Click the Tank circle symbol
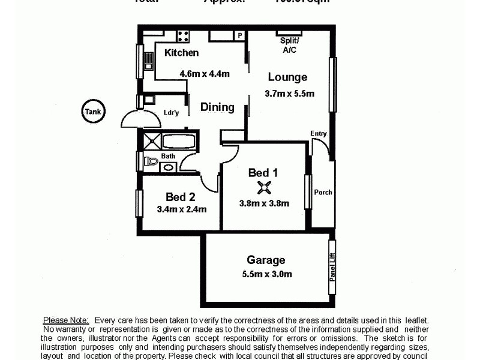94,111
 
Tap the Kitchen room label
181,53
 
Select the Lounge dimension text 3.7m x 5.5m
289,93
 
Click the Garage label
266,260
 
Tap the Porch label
323,193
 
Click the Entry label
319,133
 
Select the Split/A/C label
290,46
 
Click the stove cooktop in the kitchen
183,36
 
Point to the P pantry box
239,35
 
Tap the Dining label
217,107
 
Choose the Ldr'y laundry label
172,112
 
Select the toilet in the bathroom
150,161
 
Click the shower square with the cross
150,142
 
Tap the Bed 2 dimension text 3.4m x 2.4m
181,209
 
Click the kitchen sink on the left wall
148,61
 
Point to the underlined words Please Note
66,321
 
